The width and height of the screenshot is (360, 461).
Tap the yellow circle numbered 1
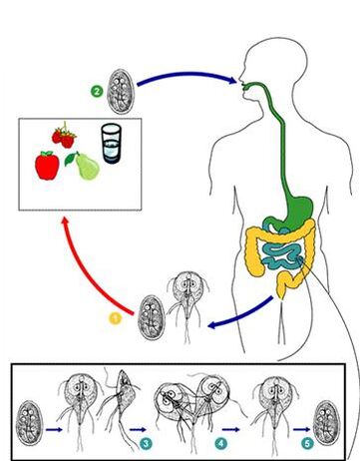(x=115, y=318)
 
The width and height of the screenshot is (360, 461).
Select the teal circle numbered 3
(x=146, y=440)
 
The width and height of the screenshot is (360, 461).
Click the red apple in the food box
(x=47, y=165)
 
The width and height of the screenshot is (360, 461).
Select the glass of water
(x=113, y=144)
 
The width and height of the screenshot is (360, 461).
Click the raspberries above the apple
(x=64, y=135)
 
